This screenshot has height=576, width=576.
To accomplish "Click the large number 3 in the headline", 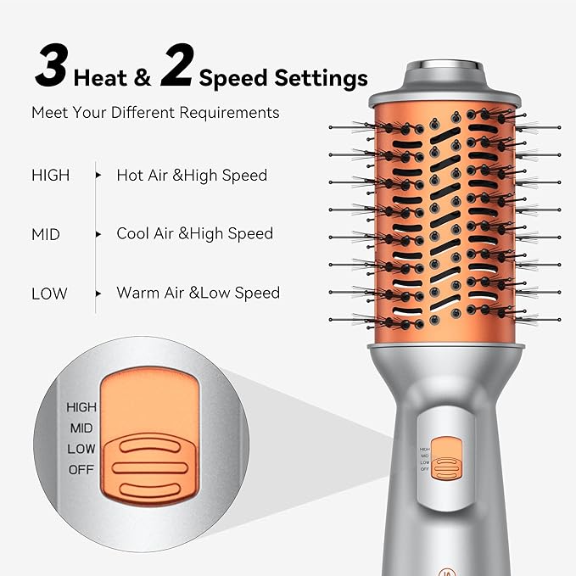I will (x=50, y=69).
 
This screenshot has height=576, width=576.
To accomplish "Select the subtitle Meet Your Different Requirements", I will (x=155, y=112).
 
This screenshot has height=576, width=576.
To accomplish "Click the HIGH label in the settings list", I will (x=51, y=176).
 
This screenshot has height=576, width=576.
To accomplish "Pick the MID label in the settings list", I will (x=46, y=234).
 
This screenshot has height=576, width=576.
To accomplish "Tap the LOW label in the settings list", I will (x=49, y=294).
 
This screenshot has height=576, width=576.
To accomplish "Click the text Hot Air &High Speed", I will (x=192, y=176).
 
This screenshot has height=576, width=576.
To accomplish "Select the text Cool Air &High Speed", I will (x=195, y=233).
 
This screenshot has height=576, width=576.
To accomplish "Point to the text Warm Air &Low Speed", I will (x=199, y=293).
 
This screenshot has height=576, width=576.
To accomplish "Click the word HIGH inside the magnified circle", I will (x=81, y=407).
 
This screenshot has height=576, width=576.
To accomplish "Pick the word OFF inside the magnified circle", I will (x=82, y=469).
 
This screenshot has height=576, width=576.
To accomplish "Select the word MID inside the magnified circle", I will (x=82, y=428).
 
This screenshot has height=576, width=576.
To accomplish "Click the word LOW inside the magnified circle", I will (x=82, y=448).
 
